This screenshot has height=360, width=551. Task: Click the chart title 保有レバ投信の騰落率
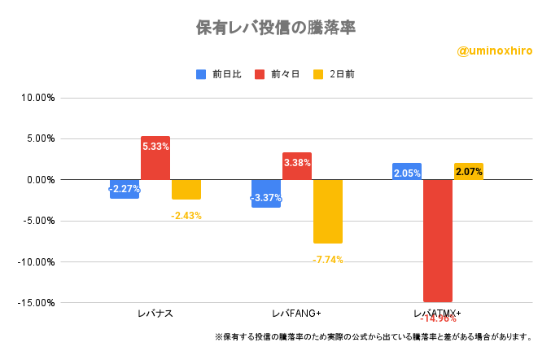click(275, 28)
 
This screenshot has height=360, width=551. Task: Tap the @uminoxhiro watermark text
click(495, 50)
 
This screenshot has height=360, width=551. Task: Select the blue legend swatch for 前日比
click(201, 74)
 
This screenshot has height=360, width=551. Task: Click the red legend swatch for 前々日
click(260, 74)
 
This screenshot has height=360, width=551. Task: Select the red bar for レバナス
click(155, 158)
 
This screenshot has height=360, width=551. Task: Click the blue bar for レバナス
click(125, 189)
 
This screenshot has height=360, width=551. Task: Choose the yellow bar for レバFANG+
click(327, 211)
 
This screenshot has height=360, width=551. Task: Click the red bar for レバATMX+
click(437, 240)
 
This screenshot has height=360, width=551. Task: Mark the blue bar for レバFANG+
click(266, 193)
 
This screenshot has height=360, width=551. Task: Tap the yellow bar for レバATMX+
click(468, 171)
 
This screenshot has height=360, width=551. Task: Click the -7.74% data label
click(328, 260)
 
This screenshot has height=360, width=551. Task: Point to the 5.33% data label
click(155, 147)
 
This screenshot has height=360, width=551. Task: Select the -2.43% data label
click(186, 215)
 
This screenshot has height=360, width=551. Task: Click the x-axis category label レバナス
click(155, 314)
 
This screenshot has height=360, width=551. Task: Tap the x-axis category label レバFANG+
click(296, 314)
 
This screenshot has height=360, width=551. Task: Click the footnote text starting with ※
click(374, 336)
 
